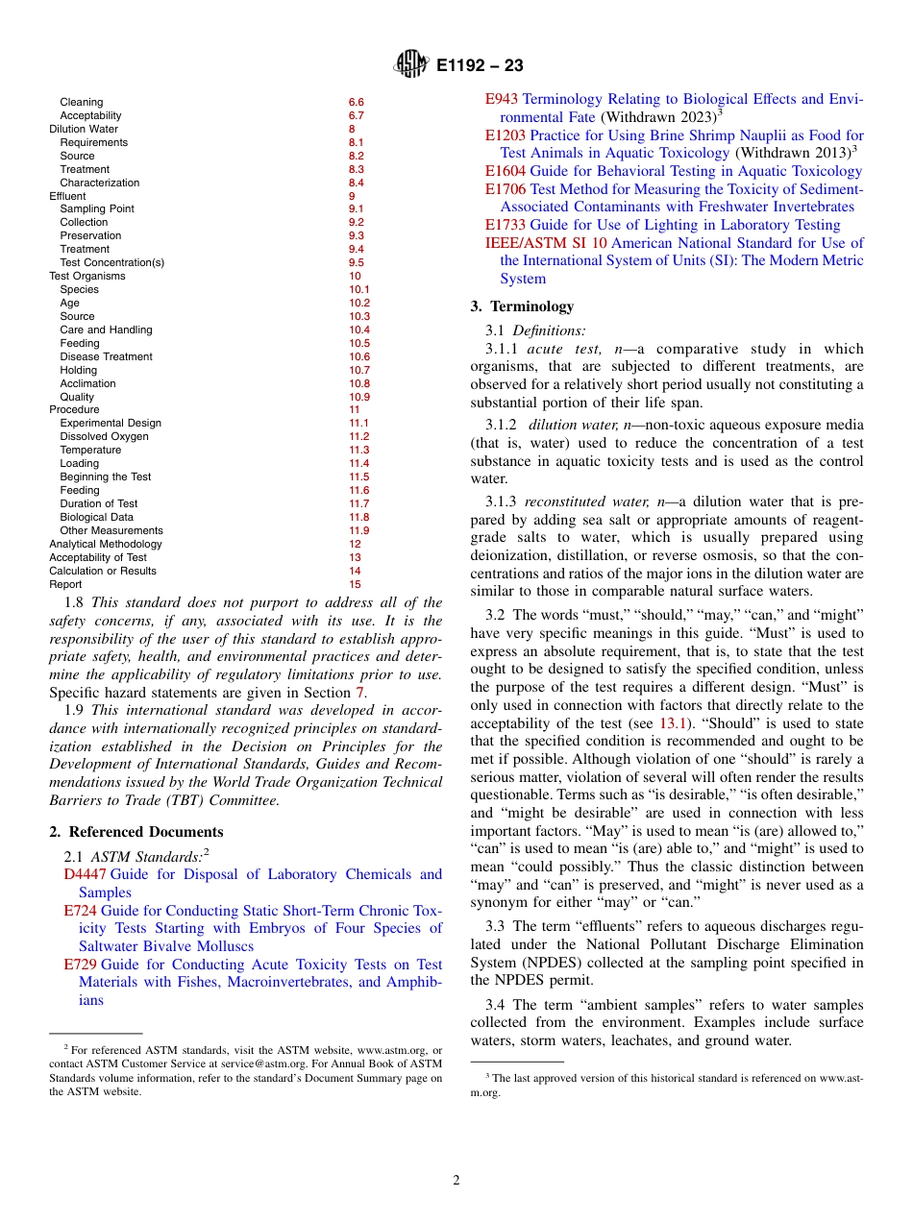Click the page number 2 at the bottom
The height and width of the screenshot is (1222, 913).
pos(456,1180)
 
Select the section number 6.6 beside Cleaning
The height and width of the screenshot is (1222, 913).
pos(356,102)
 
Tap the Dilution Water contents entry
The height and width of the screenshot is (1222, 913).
pos(84,129)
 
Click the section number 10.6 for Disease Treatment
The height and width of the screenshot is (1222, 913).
pos(358,356)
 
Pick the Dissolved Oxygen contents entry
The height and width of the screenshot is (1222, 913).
pos(104,436)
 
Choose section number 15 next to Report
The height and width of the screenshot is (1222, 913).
pos(355,584)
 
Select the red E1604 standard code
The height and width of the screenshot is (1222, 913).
pos(506,171)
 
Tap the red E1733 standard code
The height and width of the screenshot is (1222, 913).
pos(506,225)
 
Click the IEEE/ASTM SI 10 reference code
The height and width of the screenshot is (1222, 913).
pos(546,243)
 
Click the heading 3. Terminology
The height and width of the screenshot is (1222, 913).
pos(522,306)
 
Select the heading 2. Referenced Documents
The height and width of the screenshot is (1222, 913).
pos(136,832)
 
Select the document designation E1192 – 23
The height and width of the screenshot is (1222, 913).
pos(480,66)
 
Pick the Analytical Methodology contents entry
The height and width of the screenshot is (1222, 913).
pos(106,544)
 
